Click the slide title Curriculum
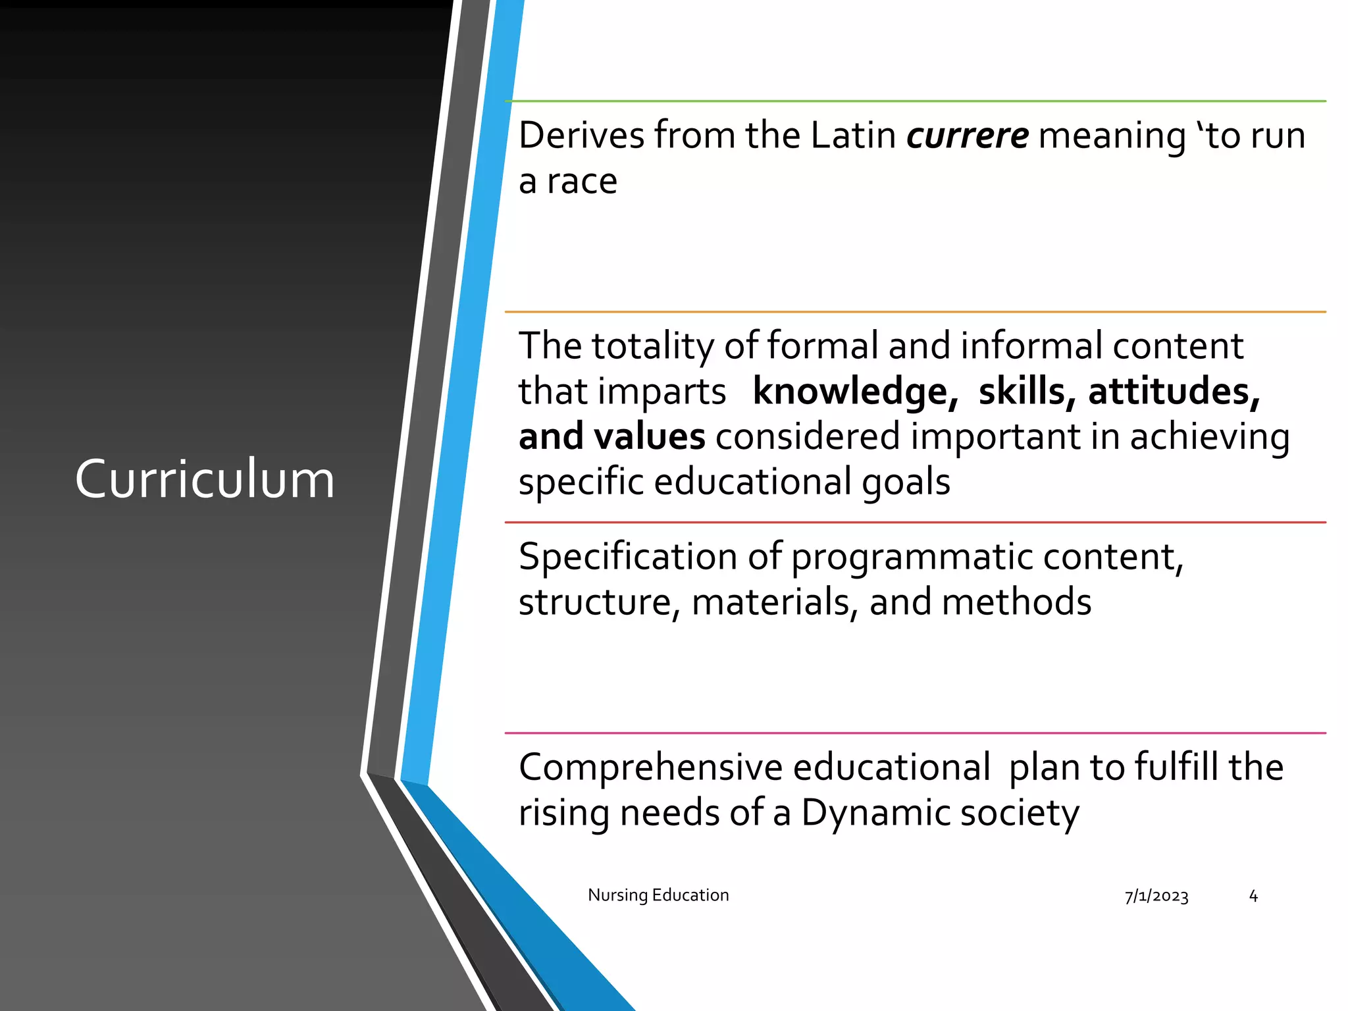pyautogui.click(x=205, y=479)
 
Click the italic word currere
pyautogui.click(x=968, y=136)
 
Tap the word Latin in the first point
pyautogui.click(x=853, y=136)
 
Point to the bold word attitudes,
pyautogui.click(x=1174, y=392)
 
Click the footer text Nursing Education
pyautogui.click(x=658, y=895)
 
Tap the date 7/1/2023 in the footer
pyautogui.click(x=1156, y=896)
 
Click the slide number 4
pyautogui.click(x=1253, y=896)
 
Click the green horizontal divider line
pyautogui.click(x=915, y=101)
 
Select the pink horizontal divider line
pyautogui.click(x=915, y=733)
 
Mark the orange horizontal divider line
pyautogui.click(x=915, y=312)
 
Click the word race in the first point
pyautogui.click(x=582, y=182)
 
